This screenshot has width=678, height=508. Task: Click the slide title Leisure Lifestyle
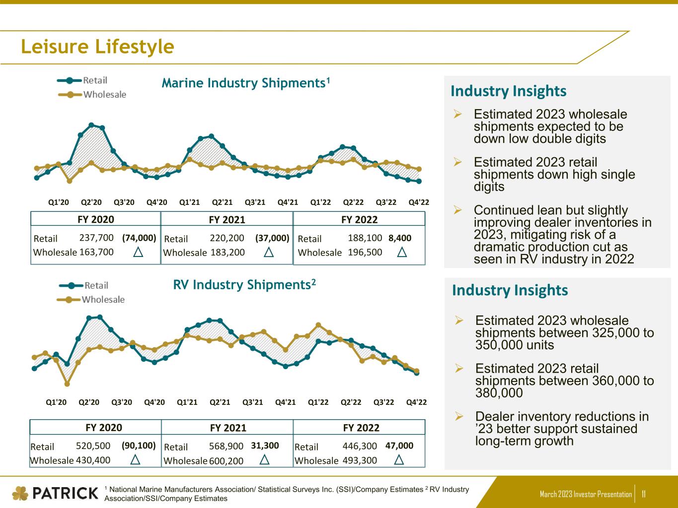tap(97, 47)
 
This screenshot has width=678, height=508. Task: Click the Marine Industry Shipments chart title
tap(246, 83)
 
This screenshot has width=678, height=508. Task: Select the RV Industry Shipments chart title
tap(244, 285)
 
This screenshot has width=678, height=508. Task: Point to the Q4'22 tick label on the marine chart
tap(419, 202)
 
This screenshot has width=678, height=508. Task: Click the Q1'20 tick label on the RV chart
tap(56, 402)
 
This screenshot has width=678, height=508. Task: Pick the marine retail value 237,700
tap(96, 238)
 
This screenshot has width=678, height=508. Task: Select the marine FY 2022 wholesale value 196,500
tap(365, 252)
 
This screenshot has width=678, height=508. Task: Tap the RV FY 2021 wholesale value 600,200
tap(226, 461)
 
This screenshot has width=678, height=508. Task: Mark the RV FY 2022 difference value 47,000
tap(399, 445)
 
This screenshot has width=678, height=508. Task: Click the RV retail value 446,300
tap(360, 446)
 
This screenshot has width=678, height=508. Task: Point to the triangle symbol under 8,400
tap(402, 253)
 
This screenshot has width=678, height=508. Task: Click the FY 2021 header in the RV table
tap(228, 428)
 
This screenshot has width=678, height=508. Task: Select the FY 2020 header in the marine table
tap(96, 219)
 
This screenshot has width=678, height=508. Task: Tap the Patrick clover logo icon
tap(20, 493)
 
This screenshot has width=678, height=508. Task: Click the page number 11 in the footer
tap(644, 494)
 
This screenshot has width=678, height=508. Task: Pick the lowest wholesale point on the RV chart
tap(67, 384)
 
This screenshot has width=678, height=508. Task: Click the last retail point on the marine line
tap(419, 182)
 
